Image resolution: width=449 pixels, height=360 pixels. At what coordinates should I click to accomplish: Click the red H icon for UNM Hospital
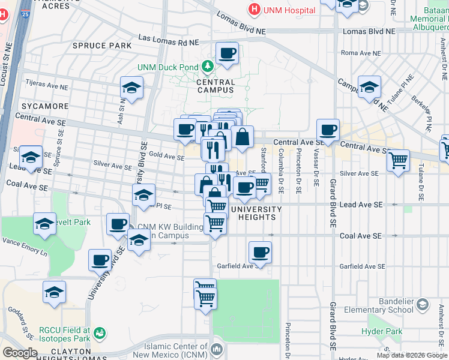[x=255, y=10]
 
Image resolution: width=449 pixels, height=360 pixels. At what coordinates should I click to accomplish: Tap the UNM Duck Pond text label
[x=169, y=67]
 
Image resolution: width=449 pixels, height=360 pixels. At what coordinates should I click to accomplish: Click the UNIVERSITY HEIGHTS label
[x=256, y=213]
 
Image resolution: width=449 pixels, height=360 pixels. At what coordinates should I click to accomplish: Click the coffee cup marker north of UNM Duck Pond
[x=227, y=53]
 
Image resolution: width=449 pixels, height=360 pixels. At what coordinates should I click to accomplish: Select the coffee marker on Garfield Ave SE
[x=260, y=253]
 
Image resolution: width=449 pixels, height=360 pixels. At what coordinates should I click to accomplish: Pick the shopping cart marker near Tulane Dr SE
[x=398, y=161]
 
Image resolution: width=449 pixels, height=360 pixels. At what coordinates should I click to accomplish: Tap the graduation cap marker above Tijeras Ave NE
[x=131, y=88]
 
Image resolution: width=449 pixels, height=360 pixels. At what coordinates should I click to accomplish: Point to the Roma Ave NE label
[x=361, y=53]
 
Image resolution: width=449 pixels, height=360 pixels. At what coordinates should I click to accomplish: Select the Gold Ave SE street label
[x=166, y=157]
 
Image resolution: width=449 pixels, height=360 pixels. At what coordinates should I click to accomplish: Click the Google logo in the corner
[x=20, y=353]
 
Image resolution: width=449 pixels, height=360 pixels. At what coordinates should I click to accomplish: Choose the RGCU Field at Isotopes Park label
[x=64, y=334]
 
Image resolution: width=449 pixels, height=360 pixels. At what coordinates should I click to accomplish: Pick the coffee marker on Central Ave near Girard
[x=328, y=130]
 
